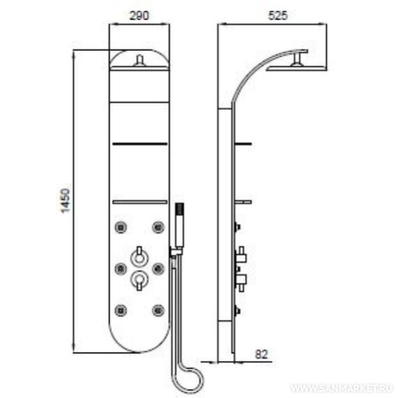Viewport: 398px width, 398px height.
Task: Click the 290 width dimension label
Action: (139, 15)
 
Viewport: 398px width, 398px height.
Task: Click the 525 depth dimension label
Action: (278, 15)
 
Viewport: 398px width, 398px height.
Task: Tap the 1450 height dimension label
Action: (65, 201)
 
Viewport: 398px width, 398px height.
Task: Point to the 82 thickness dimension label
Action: (262, 355)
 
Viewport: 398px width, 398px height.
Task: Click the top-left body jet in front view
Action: (120, 227)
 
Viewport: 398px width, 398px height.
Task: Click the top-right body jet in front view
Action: (158, 227)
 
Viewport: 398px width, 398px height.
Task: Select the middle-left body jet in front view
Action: (120, 269)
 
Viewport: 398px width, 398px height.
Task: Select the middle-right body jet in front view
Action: (158, 269)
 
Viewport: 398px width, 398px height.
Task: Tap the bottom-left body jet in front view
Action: (120, 310)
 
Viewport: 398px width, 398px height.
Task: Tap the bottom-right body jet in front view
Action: (158, 310)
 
